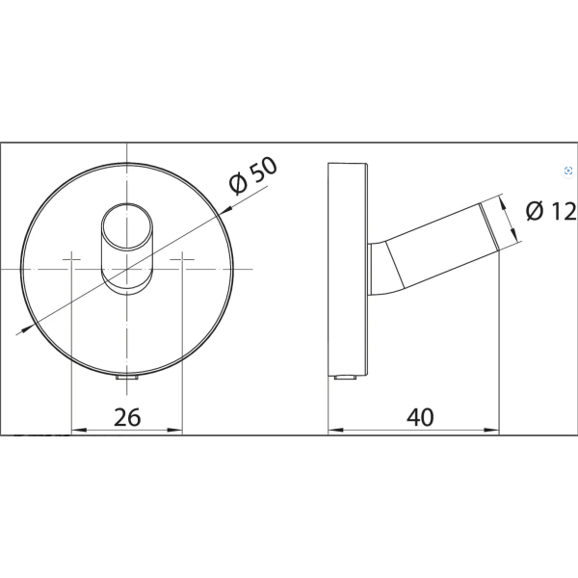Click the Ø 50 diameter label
click(x=252, y=175)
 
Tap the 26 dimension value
click(x=127, y=417)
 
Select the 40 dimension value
click(x=420, y=417)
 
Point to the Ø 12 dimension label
click(x=551, y=212)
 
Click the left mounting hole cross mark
click(x=71, y=259)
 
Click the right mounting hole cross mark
click(x=182, y=259)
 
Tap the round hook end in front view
click(x=126, y=226)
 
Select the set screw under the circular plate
click(x=127, y=378)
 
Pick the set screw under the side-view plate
click(x=346, y=378)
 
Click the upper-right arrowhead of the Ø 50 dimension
click(x=226, y=209)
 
